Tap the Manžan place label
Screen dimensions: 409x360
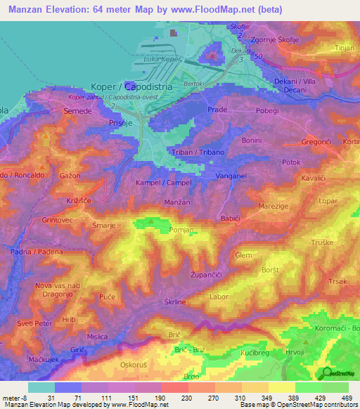[x=179, y=202]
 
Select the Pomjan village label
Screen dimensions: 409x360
[x=181, y=230]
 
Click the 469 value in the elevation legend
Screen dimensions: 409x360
[x=347, y=398]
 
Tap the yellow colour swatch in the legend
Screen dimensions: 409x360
[x=282, y=387]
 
